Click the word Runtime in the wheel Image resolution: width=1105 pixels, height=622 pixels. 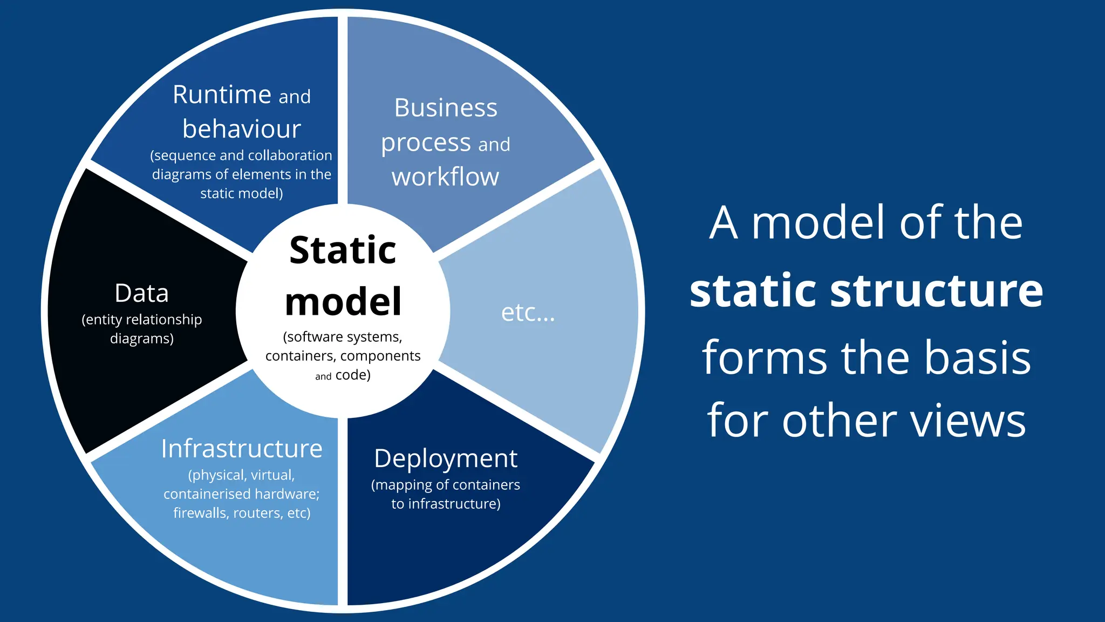pyautogui.click(x=222, y=95)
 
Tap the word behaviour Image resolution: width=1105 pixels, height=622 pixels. pyautogui.click(x=241, y=129)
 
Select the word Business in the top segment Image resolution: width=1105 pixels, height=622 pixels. pyautogui.click(x=446, y=107)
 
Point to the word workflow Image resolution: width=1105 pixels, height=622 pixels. pyautogui.click(x=445, y=177)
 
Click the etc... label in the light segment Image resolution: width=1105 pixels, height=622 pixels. pyautogui.click(x=528, y=313)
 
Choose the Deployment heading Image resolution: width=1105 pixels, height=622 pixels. pyautogui.click(x=446, y=458)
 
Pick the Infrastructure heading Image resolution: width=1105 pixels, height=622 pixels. pyautogui.click(x=241, y=449)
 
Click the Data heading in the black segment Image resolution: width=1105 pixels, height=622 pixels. pyautogui.click(x=141, y=293)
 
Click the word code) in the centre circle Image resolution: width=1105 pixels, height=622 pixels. pyautogui.click(x=353, y=375)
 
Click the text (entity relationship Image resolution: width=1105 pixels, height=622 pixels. pyautogui.click(x=141, y=320)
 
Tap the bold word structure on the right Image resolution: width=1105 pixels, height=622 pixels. pyautogui.click(x=936, y=291)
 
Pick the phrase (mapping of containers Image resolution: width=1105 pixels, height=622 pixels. pyautogui.click(x=445, y=485)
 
